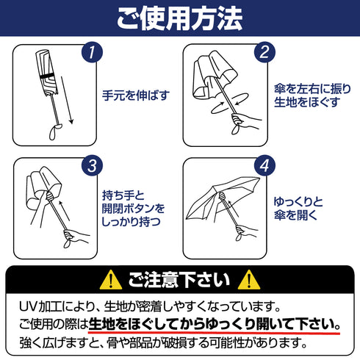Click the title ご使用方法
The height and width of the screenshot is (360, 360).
pyautogui.click(x=180, y=18)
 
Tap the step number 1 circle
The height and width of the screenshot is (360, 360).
pyautogui.click(x=92, y=52)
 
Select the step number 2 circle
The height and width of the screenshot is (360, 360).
pyautogui.click(x=264, y=52)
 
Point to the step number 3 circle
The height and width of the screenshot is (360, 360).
pyautogui.click(x=92, y=165)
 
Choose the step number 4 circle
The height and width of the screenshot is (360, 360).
pyautogui.click(x=264, y=165)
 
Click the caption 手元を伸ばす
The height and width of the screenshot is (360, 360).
pyautogui.click(x=136, y=96)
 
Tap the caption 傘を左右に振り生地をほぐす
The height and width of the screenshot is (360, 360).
pyautogui.click(x=312, y=96)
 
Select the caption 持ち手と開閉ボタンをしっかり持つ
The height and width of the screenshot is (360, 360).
pyautogui.click(x=134, y=209)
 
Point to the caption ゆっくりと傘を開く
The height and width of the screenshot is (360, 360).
pyautogui.click(x=298, y=209)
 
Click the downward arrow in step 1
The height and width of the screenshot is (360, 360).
pyautogui.click(x=66, y=100)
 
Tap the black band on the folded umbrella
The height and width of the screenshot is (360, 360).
pyautogui.click(x=48, y=76)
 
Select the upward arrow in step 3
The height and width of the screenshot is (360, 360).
pyautogui.click(x=64, y=211)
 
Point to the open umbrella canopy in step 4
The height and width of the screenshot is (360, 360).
pyautogui.click(x=222, y=196)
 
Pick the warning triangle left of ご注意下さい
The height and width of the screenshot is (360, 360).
pyautogui.click(x=111, y=281)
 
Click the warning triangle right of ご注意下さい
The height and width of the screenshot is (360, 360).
pyautogui.click(x=249, y=281)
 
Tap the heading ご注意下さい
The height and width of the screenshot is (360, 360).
pyautogui.click(x=179, y=280)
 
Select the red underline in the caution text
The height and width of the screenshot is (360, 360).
pyautogui.click(x=215, y=333)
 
